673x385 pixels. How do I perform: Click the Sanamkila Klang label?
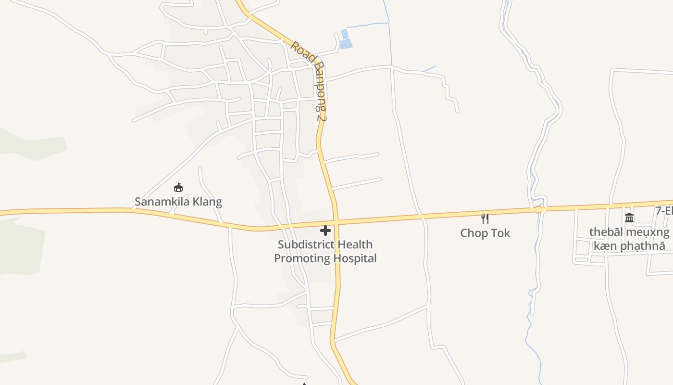(178, 202)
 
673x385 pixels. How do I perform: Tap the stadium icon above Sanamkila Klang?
(178, 187)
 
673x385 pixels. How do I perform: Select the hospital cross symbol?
(325, 231)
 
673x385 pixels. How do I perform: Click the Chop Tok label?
(485, 233)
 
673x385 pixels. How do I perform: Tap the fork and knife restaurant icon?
(485, 219)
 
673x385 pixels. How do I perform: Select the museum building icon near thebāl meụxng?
(629, 218)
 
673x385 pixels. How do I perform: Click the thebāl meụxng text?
(629, 232)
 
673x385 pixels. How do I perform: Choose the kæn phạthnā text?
(629, 246)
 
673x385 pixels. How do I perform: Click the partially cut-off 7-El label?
(664, 211)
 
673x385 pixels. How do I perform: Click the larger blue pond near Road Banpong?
(346, 44)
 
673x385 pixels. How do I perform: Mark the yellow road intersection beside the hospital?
(336, 223)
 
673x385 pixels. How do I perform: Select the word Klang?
(207, 202)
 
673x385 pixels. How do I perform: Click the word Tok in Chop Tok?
(500, 233)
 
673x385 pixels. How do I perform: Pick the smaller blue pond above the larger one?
(344, 33)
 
